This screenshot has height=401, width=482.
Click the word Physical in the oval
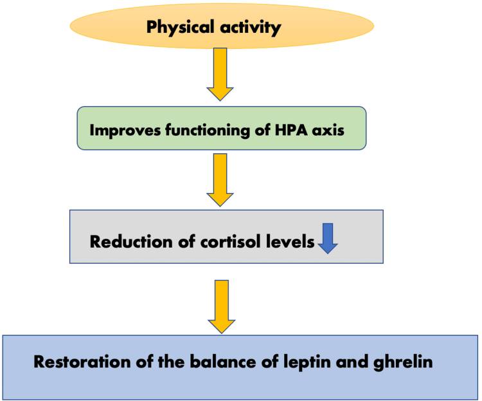[x=181, y=28]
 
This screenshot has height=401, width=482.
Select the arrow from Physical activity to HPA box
[x=220, y=74]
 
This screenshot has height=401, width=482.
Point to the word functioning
[x=208, y=130]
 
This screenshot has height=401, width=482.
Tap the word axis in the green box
[x=328, y=130]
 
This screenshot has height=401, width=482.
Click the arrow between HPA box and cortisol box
[x=220, y=180]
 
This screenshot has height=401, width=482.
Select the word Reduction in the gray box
[x=132, y=241]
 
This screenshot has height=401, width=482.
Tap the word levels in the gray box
[x=290, y=241]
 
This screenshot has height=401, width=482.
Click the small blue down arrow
[x=328, y=238]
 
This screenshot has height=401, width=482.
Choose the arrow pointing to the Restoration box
[x=222, y=307]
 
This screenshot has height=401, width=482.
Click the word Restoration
[x=82, y=362]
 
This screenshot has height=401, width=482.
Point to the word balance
[x=223, y=362]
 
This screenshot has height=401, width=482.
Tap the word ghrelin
[x=403, y=362]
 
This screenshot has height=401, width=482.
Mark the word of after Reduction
[x=187, y=241]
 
